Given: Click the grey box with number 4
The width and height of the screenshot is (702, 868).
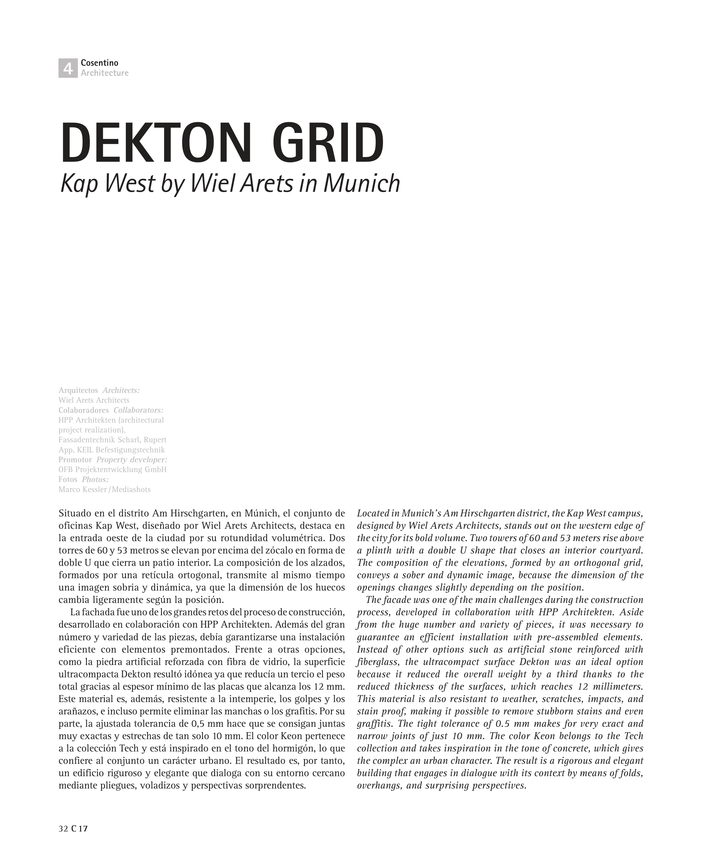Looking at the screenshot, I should click(x=68, y=68).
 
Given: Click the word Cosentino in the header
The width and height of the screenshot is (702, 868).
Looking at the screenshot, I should click(x=99, y=63).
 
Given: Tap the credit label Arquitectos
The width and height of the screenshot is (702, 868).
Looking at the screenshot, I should click(x=78, y=390).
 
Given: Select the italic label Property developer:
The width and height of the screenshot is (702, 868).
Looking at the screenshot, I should click(x=132, y=460).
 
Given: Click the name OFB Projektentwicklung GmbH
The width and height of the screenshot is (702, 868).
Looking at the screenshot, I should click(x=112, y=470).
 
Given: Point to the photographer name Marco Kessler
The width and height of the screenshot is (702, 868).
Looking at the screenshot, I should click(x=83, y=489).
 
